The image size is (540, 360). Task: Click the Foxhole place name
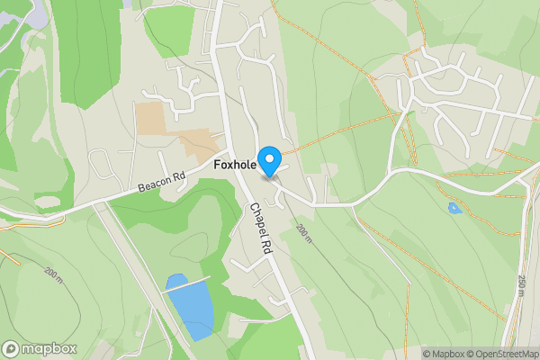click(236, 166)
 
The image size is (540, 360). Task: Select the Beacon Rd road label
click(161, 182)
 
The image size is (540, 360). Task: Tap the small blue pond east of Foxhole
click(454, 209)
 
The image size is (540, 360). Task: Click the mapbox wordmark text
click(49, 348)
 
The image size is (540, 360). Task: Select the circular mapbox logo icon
click(11, 348)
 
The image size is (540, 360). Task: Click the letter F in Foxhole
click(218, 166)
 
